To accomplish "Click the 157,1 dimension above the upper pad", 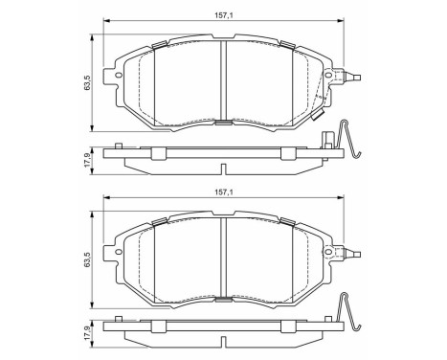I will point(223,13).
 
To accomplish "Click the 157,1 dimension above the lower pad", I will point(223,191).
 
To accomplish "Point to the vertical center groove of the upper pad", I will point(222,81).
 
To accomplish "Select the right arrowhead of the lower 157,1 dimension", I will point(342,200).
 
